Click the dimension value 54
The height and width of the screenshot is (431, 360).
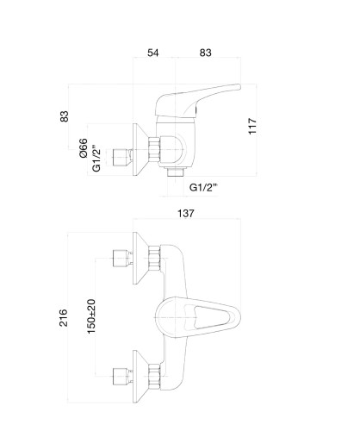152,53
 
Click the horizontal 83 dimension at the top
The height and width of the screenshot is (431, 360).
205,53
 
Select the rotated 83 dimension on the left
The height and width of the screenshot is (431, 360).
65,116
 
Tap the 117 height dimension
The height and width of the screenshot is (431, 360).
252,126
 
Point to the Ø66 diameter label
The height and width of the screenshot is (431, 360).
83,148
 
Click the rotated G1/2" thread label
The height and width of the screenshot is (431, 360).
96,160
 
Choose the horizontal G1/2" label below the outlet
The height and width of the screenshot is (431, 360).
203,187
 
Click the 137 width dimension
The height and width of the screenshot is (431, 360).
186,214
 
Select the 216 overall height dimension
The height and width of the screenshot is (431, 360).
64,318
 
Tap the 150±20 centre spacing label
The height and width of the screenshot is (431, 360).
91,316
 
